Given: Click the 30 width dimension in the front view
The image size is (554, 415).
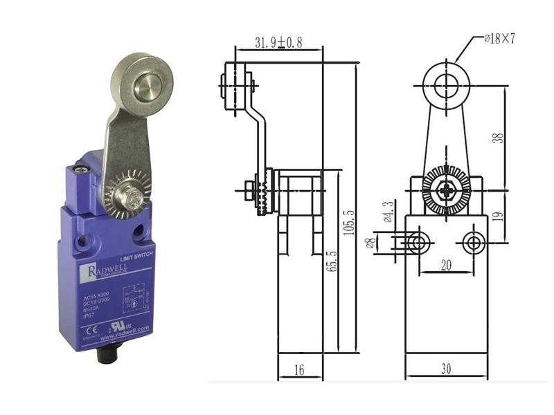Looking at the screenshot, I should click(x=446, y=369).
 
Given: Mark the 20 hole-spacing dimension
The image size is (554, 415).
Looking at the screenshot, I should click(x=446, y=264).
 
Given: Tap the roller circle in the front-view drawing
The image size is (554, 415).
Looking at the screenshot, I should click(x=447, y=86).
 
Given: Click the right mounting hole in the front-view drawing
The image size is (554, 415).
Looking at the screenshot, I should click(x=474, y=242).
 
